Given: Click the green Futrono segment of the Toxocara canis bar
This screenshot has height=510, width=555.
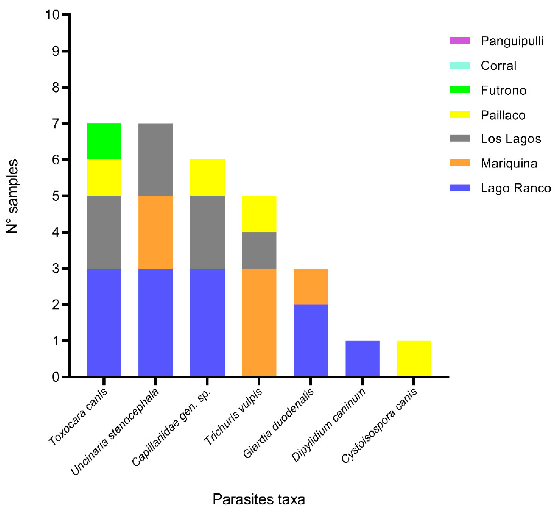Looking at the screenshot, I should click(x=104, y=141).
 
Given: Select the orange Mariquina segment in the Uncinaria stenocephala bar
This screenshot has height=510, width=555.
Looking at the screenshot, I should click(x=155, y=232).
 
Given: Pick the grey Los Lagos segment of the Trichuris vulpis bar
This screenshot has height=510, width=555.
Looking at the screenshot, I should click(x=259, y=250).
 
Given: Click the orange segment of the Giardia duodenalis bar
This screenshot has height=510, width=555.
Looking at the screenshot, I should click(x=310, y=286).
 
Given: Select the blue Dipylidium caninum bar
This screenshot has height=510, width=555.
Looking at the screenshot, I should click(x=362, y=359).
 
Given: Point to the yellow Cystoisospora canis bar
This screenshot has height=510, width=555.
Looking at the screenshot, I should click(x=413, y=359).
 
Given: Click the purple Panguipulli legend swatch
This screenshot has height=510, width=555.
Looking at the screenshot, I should click(x=460, y=40).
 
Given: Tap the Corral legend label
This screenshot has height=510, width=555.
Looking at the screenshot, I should click(x=498, y=66).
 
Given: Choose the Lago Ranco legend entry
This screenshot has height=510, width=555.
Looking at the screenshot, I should click(x=515, y=188).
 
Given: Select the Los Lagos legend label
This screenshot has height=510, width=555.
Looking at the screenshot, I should click(x=511, y=139).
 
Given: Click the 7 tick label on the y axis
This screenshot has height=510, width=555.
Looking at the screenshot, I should click(x=56, y=123).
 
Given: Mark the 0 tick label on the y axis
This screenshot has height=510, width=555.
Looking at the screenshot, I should click(x=56, y=377).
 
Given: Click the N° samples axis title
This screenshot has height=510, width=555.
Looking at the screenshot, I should click(x=12, y=196).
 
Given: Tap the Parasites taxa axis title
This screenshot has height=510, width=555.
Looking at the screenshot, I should click(x=259, y=499).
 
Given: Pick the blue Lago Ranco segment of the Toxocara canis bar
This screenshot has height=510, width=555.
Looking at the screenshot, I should click(x=104, y=322).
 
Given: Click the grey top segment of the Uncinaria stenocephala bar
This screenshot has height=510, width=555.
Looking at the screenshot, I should click(x=155, y=159).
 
